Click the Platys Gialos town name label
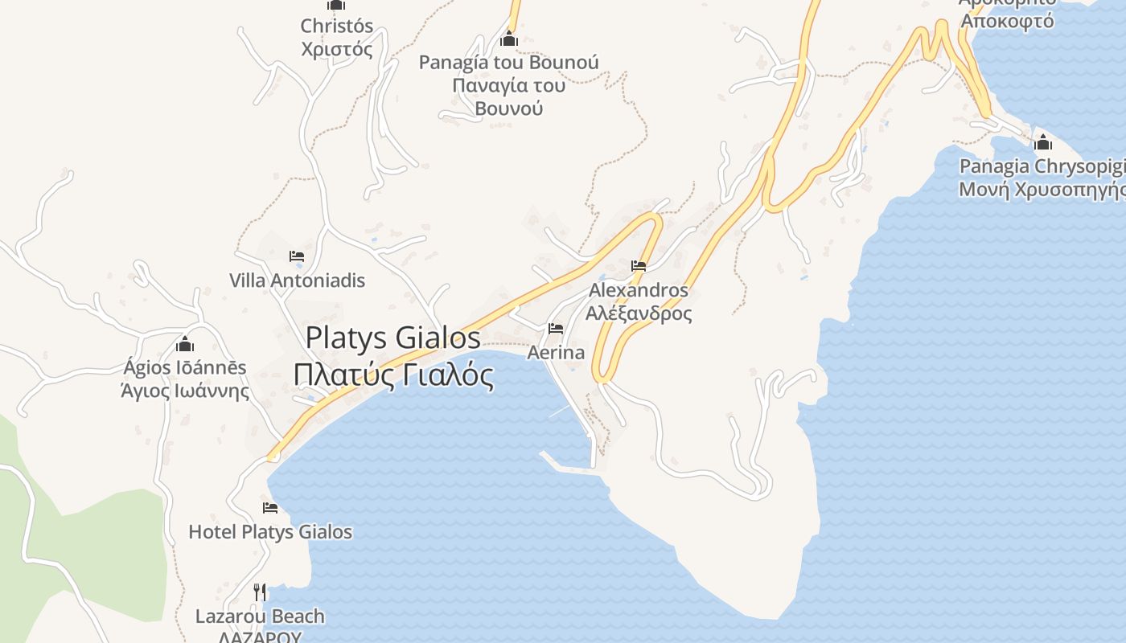393,338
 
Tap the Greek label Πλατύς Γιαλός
393,374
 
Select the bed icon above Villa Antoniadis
297,257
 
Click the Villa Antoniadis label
297,281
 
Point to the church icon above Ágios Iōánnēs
185,345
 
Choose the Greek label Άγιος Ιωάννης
185,391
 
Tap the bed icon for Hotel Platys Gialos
270,508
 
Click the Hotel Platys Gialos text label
270,532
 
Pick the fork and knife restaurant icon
260,592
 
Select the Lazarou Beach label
260,616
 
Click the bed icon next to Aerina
556,329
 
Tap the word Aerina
556,352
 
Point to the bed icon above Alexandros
639,266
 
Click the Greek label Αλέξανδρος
639,313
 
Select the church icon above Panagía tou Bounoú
508,39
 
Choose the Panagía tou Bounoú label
508,62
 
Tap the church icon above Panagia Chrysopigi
1043,143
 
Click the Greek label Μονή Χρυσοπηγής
1042,190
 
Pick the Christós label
336,26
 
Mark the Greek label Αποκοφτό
1008,21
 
